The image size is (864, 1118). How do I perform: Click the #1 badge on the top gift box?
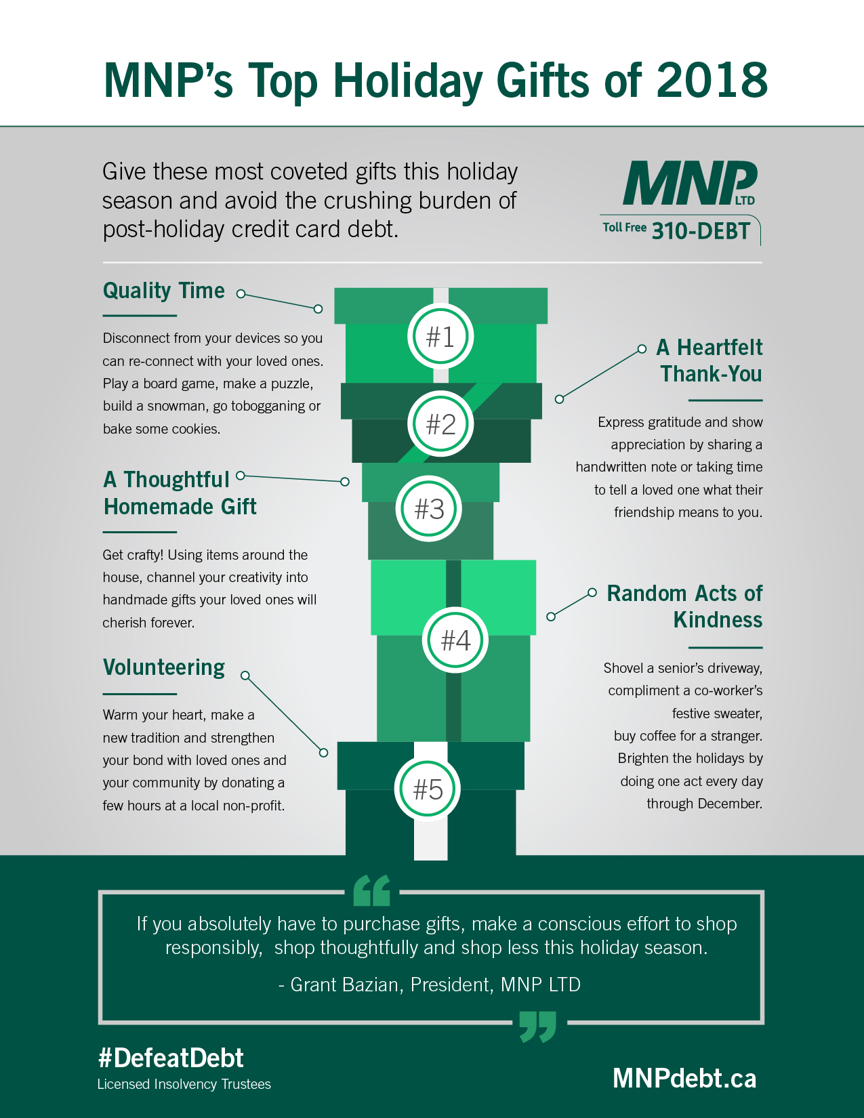(x=440, y=336)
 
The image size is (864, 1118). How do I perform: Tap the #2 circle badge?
(x=440, y=424)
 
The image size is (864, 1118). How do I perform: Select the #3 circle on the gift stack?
(x=429, y=509)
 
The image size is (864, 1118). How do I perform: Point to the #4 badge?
(x=455, y=640)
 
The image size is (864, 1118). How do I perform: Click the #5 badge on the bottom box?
(x=428, y=789)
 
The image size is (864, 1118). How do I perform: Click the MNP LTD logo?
(x=689, y=184)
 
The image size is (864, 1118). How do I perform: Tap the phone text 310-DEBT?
(x=701, y=231)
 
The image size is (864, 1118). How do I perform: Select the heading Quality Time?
(x=163, y=291)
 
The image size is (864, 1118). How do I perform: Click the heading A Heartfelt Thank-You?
(x=709, y=360)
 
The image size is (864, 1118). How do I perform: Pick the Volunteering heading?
(x=164, y=667)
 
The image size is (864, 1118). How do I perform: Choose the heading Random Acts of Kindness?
(x=684, y=606)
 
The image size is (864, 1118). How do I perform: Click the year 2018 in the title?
(x=712, y=81)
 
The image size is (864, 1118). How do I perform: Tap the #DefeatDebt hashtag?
(x=171, y=1058)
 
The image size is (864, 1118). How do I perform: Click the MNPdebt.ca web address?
(x=684, y=1078)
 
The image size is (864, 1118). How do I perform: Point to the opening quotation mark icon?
(x=372, y=890)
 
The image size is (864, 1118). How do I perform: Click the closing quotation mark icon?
(x=537, y=1026)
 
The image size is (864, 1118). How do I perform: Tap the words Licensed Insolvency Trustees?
(x=184, y=1084)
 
